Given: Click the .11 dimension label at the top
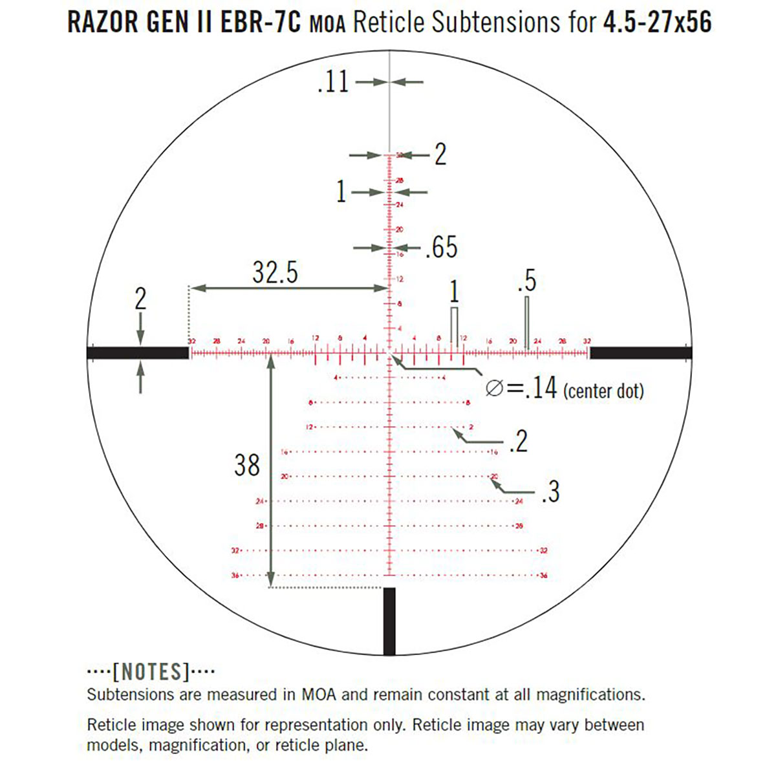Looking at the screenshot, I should (333, 83).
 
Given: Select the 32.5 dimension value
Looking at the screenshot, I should (275, 272).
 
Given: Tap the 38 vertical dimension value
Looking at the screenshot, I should (247, 465).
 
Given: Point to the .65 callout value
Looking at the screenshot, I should (441, 248).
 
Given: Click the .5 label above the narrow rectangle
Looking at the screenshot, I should (527, 281).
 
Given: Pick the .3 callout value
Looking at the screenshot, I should (550, 492).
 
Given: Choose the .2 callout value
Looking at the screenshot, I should (519, 442).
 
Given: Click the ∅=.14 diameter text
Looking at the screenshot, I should (521, 389).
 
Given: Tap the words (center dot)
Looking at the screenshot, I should (603, 391).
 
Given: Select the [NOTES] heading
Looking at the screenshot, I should (151, 672).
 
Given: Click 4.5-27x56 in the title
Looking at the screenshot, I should (657, 23).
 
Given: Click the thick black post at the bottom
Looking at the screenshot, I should (389, 621).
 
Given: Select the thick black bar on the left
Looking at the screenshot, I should (138, 352).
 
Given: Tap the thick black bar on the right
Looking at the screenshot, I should (640, 352).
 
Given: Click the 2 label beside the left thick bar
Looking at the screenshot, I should (140, 300).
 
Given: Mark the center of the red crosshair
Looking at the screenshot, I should (389, 352).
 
